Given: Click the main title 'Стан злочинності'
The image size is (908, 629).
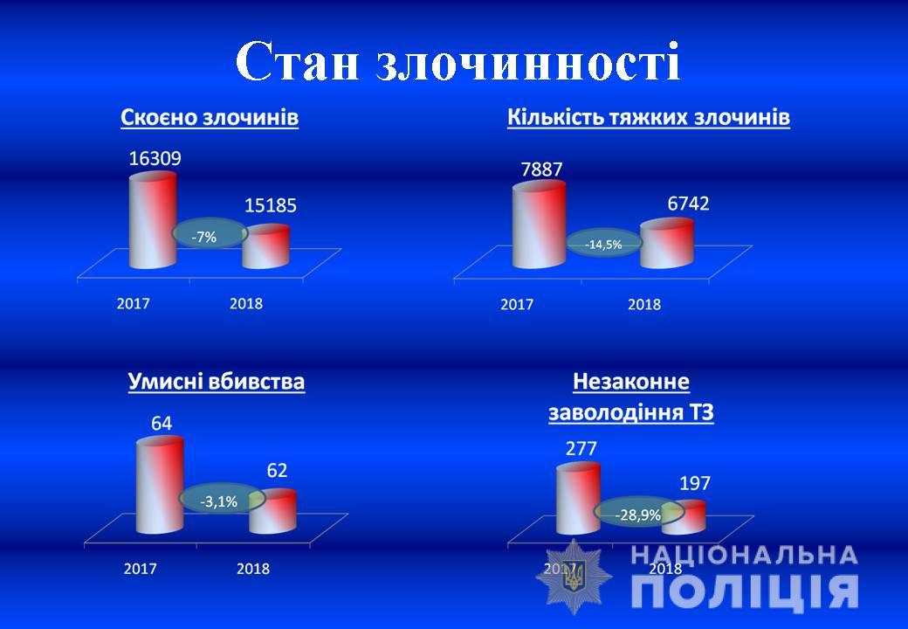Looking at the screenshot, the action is click(457, 61).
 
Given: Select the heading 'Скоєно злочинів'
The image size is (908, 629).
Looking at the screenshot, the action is click(210, 118).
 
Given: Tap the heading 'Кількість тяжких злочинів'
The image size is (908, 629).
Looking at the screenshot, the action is click(649, 118).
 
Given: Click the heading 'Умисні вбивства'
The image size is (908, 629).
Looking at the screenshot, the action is click(216, 382).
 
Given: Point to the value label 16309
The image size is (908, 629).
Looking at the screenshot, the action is click(155, 158).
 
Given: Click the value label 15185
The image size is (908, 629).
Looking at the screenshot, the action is click(271, 205).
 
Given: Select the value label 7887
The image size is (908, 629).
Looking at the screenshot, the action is click(541, 169).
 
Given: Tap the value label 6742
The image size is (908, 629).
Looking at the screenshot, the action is click(688, 204).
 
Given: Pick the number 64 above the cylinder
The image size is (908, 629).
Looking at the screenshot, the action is click(162, 424).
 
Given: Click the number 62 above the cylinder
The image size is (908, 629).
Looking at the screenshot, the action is click(277, 470).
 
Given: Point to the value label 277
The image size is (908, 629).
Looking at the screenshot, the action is click(581, 449).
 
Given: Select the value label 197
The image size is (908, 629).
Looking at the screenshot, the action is click(694, 483).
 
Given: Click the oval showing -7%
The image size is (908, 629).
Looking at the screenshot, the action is click(210, 235).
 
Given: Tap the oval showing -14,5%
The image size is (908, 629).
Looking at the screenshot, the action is click(603, 244).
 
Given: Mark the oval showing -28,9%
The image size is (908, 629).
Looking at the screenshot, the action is click(639, 513).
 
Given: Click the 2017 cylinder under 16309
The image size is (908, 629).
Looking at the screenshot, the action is click(152, 220).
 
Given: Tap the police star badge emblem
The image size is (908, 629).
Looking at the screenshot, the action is click(574, 577).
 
